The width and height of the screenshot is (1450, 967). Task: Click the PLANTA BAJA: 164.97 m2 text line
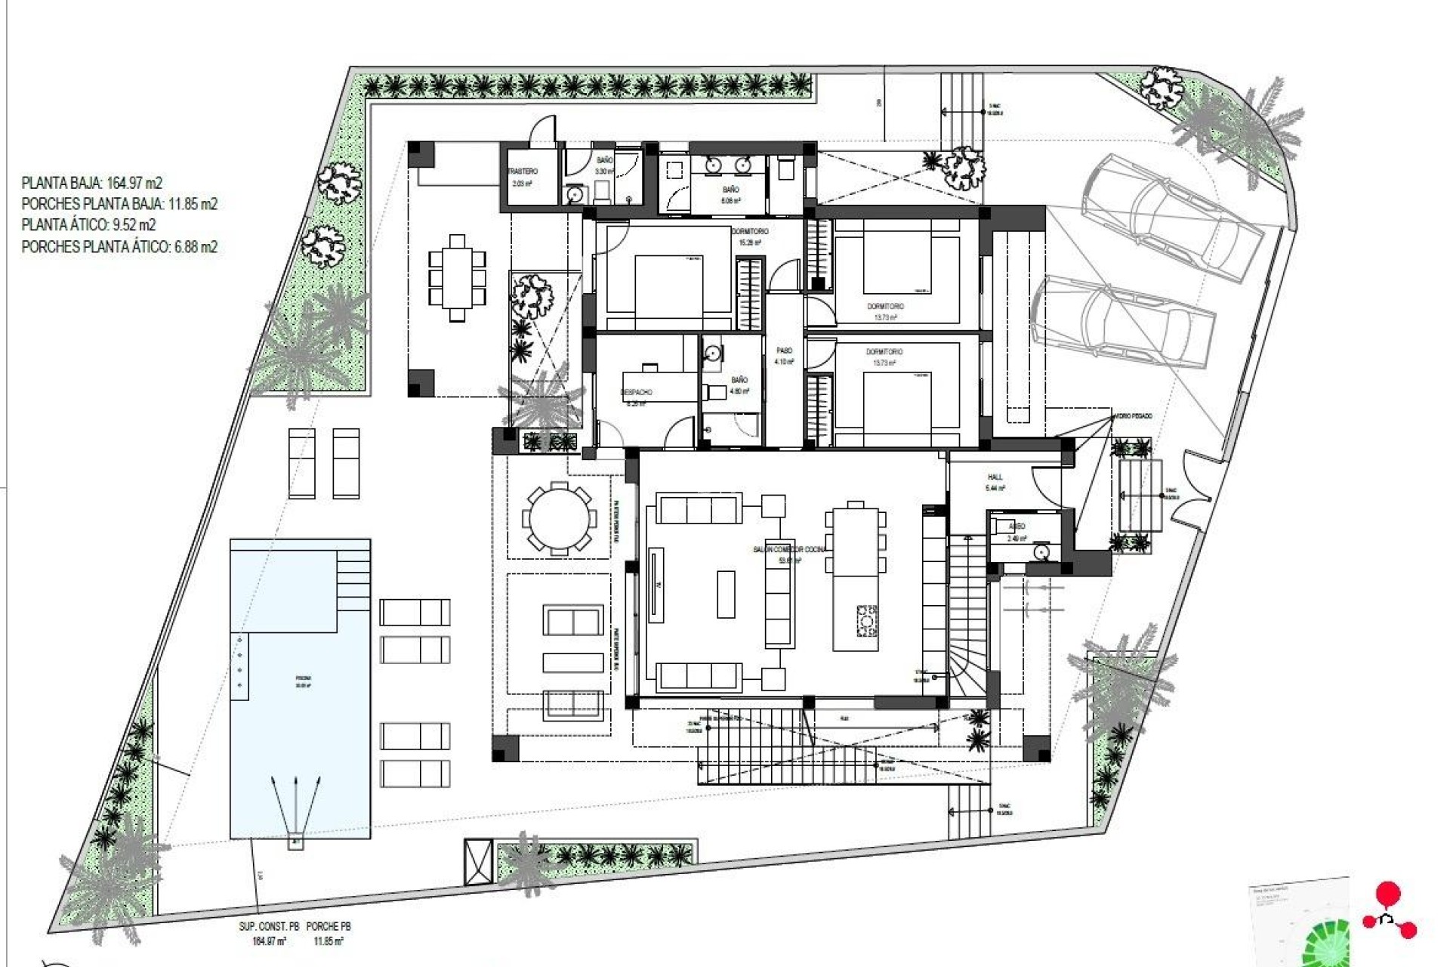pos(92,183)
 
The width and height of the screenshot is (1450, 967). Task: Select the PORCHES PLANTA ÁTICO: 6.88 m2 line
pos(119,246)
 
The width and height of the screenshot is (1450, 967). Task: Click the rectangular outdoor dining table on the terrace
pos(457,278)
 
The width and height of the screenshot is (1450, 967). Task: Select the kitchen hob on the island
pos(866,621)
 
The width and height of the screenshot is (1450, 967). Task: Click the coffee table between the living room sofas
pos(725,594)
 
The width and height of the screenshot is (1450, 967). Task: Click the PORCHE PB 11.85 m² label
pos(329,933)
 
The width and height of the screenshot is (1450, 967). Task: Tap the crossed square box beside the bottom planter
pos(478,861)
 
